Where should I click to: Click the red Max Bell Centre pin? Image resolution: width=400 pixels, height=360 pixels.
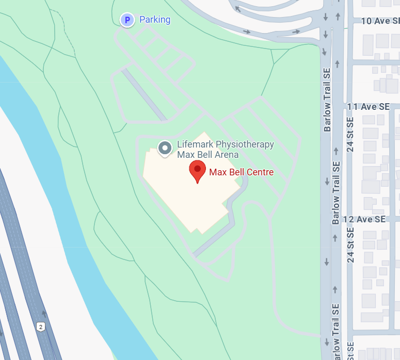click(197, 171)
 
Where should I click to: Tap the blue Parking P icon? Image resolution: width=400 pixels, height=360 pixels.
click(127, 20)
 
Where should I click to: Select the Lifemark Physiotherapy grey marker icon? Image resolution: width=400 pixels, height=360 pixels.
click(165, 149)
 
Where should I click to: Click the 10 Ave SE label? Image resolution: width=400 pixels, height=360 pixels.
click(380, 21)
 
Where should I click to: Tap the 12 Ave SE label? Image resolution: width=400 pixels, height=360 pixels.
click(364, 219)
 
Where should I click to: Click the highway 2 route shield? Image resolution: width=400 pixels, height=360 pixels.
click(40, 326)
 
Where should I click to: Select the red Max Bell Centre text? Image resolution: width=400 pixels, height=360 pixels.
click(241, 172)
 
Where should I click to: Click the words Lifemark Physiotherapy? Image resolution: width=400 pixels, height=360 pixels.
click(225, 144)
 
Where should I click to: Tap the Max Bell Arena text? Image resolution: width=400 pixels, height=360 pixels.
click(207, 155)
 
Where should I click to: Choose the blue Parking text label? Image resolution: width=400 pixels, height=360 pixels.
click(155, 20)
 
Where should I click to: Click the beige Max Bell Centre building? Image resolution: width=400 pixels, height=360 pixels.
click(186, 196)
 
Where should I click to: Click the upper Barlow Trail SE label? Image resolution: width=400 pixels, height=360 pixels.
click(327, 101)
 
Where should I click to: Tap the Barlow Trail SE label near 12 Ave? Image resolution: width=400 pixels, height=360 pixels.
click(336, 192)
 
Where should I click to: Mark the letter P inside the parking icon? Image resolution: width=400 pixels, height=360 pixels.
click(127, 20)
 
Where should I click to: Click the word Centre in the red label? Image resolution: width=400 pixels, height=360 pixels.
click(260, 172)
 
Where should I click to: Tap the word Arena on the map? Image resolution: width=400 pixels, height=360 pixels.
click(227, 155)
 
